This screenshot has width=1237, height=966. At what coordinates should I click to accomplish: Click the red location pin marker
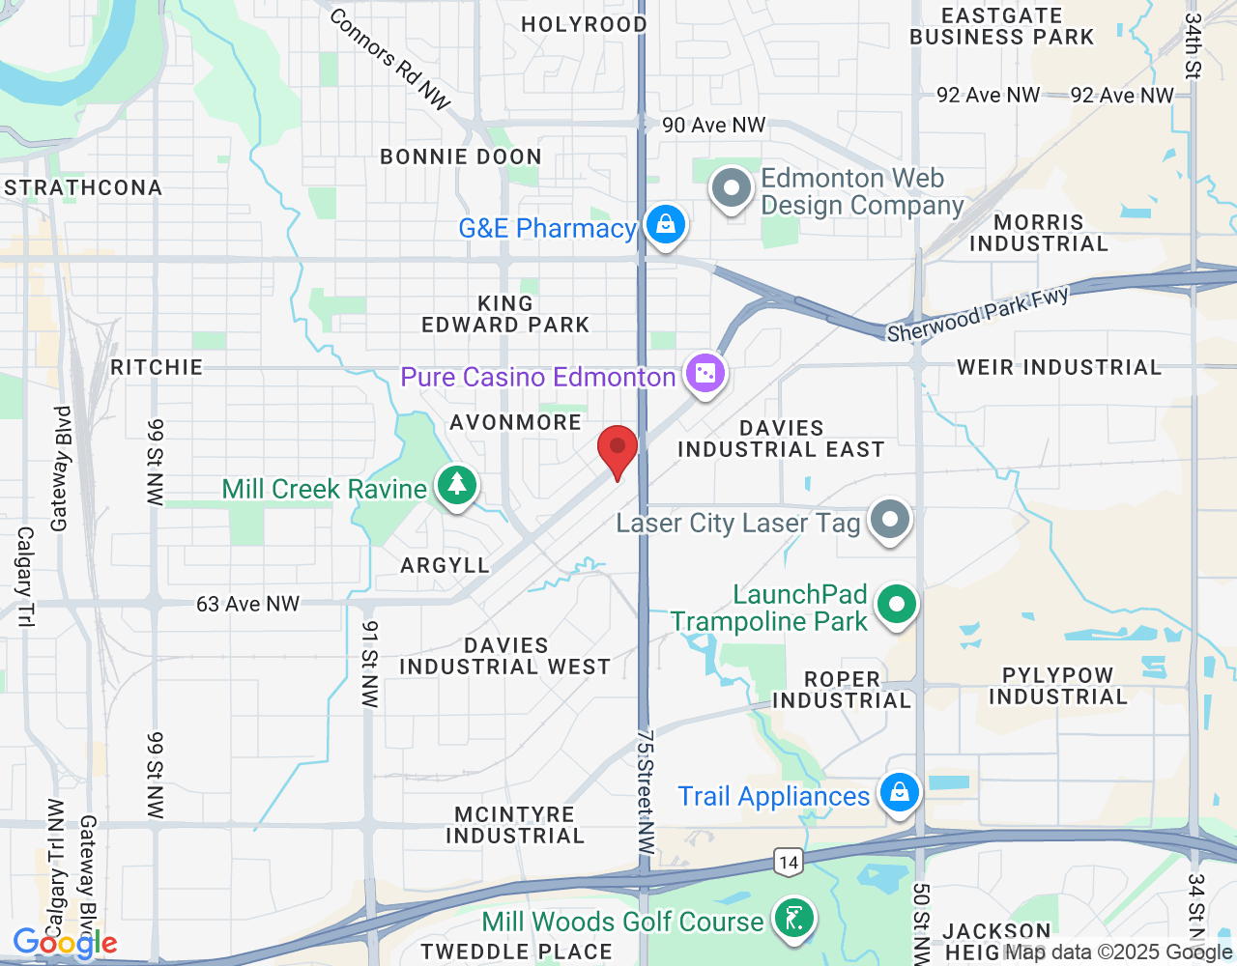click(618, 450)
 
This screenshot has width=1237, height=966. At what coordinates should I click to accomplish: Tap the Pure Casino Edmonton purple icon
click(705, 374)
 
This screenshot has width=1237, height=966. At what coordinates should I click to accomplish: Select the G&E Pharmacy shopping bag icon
click(665, 225)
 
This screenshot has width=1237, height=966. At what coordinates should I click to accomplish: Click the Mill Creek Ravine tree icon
click(456, 485)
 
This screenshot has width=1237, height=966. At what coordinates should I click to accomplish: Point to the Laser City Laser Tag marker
click(889, 520)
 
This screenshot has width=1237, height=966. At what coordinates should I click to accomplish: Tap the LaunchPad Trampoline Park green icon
click(896, 606)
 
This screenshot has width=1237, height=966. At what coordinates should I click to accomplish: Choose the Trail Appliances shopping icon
click(899, 793)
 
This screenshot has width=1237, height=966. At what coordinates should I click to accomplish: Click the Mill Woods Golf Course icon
click(793, 919)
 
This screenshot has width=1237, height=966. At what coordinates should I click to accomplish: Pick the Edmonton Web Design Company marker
click(732, 189)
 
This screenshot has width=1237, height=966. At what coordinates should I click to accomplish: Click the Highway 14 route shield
click(789, 863)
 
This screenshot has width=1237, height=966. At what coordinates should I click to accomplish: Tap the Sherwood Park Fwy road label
click(978, 314)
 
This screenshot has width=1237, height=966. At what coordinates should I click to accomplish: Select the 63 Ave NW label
click(248, 605)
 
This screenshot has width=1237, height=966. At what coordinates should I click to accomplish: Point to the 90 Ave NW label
click(713, 126)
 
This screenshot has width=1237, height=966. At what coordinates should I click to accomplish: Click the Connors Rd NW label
click(390, 59)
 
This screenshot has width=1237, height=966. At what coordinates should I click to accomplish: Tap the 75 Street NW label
click(646, 792)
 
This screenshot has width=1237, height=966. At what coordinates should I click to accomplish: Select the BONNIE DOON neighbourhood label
click(461, 156)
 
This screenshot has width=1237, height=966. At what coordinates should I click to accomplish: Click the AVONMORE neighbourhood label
click(516, 422)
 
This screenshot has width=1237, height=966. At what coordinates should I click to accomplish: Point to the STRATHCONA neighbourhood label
click(83, 187)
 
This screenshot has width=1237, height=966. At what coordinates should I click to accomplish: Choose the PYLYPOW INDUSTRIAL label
click(1058, 686)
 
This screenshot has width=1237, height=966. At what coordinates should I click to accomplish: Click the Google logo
click(65, 943)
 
